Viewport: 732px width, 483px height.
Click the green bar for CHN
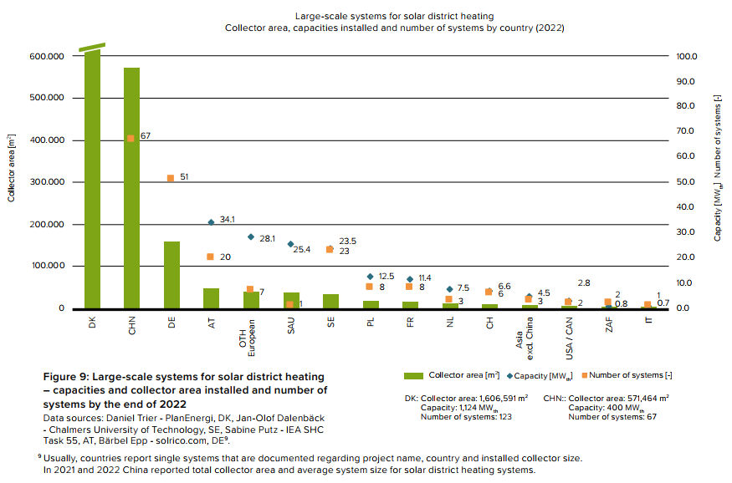point(131,188)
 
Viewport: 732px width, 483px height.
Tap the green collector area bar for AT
point(211,298)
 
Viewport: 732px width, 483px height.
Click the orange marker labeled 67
point(131,139)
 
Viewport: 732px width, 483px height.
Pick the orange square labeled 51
point(171,178)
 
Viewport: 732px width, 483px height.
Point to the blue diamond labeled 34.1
point(211,222)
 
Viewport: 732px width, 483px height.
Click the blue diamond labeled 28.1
point(251,237)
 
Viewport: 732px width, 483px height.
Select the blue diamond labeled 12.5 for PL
point(371,277)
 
